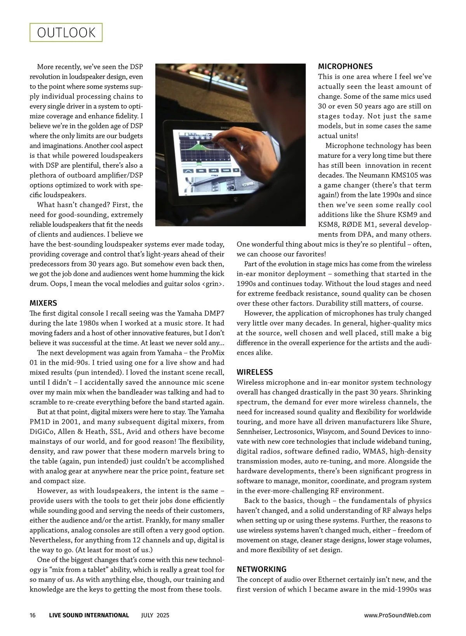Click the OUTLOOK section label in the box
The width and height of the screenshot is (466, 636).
pyautogui.click(x=66, y=33)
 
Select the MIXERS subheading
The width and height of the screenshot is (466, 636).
pyautogui.click(x=43, y=303)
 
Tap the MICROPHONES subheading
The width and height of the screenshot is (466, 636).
pyautogui.click(x=345, y=66)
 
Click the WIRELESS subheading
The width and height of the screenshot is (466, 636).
pyautogui.click(x=255, y=372)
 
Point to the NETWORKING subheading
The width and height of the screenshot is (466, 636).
pyautogui.click(x=262, y=569)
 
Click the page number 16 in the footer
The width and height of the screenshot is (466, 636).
pyautogui.click(x=33, y=615)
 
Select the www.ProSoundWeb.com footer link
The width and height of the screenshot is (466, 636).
pyautogui.click(x=397, y=615)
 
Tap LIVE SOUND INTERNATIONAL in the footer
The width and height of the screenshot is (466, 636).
pyautogui.click(x=89, y=615)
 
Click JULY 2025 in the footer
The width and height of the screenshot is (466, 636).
pyautogui.click(x=155, y=615)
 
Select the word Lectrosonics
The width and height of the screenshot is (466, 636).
pyautogui.click(x=294, y=431)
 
